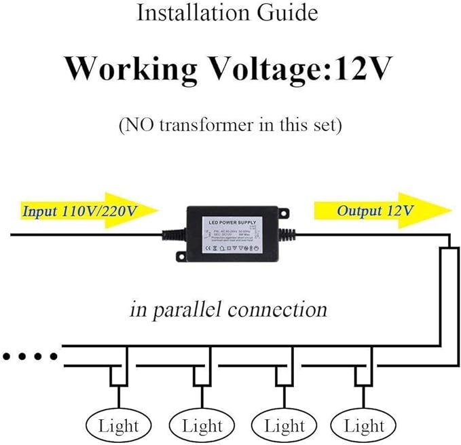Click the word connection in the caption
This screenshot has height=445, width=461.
[277, 310]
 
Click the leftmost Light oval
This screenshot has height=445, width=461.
[118, 426]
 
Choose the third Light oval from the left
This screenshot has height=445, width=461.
[284, 426]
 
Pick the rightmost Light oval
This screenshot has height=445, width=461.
[364, 426]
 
